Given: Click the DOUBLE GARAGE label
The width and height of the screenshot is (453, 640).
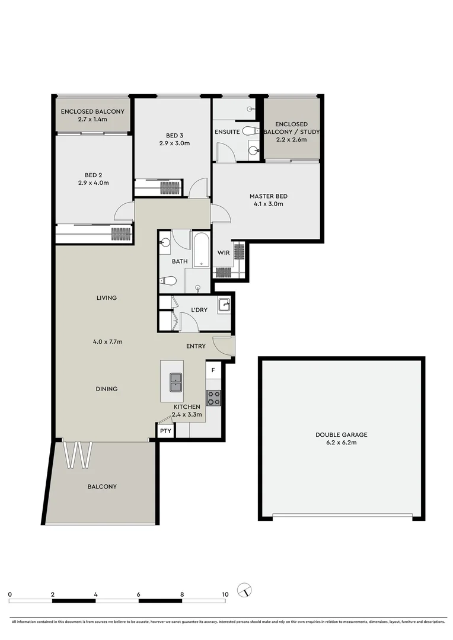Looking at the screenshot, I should (x=341, y=434).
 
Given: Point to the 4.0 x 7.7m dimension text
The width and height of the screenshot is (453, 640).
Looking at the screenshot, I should (x=107, y=341).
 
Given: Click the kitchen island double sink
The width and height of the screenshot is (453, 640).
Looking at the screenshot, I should (x=176, y=382).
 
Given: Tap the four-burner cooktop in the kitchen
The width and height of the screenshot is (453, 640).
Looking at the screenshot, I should (x=213, y=398).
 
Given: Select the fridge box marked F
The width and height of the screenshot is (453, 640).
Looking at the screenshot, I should (x=213, y=372).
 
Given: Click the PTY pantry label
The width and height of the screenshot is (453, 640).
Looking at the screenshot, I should (x=165, y=431).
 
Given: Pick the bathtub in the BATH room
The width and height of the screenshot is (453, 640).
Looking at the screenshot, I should (x=201, y=249).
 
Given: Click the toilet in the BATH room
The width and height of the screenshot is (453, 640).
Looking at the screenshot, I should (x=169, y=281).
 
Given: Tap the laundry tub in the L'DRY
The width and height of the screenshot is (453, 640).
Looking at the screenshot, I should (x=224, y=306).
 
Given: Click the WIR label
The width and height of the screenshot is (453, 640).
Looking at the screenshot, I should (x=223, y=253).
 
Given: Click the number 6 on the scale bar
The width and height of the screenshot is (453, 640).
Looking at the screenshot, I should (x=139, y=594).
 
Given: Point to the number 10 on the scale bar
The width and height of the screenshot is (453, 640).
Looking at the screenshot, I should (x=225, y=594).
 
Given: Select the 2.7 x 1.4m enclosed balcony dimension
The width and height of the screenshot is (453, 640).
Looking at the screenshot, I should (x=92, y=120).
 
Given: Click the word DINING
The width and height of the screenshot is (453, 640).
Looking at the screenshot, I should (x=107, y=389).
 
